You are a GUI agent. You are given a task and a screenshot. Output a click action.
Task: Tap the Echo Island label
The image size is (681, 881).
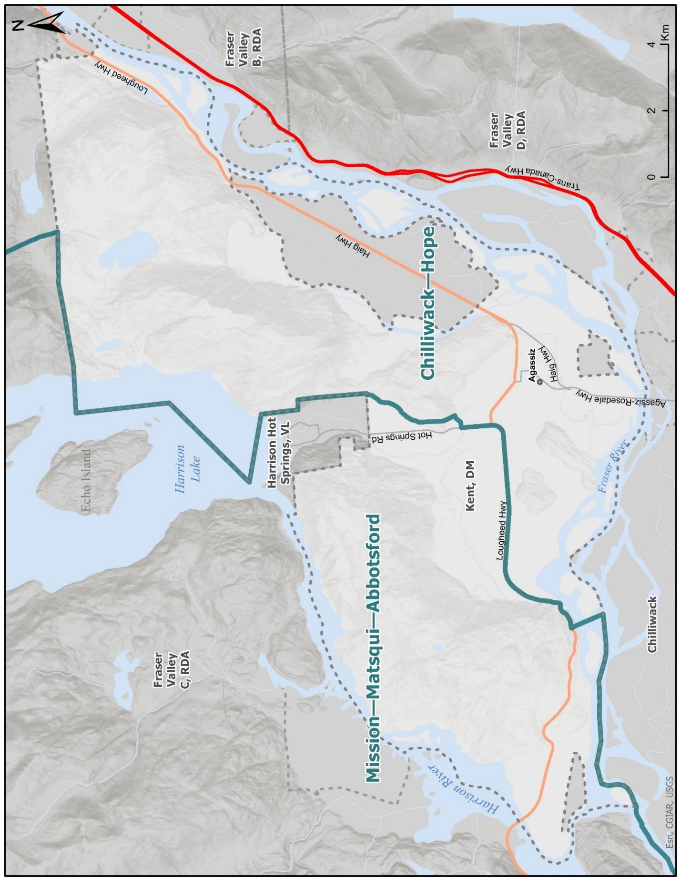(86, 481)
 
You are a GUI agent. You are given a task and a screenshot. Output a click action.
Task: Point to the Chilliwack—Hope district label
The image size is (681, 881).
(428, 303)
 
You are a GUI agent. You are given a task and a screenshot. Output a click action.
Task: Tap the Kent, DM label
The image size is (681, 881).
(470, 486)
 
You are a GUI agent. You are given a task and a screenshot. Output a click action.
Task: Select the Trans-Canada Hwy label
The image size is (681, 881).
(543, 178)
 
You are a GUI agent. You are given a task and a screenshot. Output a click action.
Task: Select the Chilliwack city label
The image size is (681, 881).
(651, 624)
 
